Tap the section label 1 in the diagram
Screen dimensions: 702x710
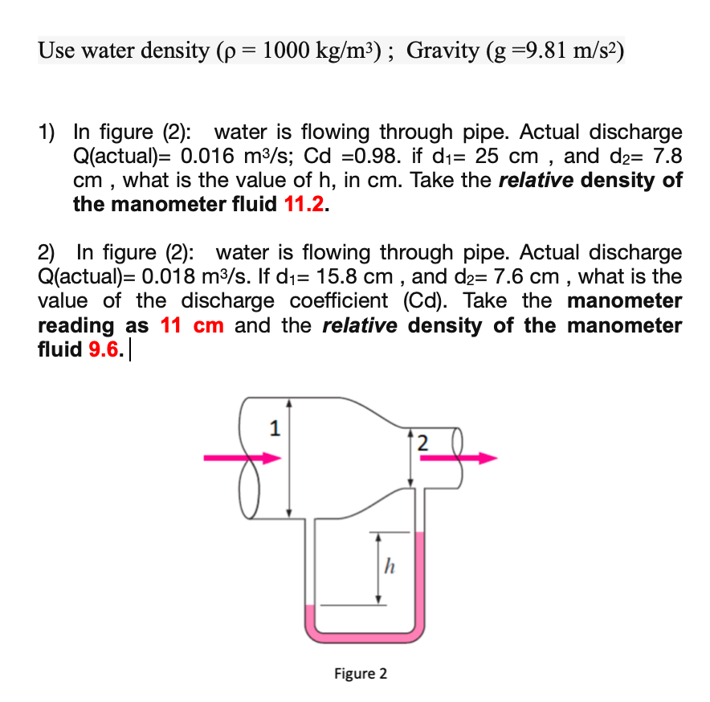[274, 430]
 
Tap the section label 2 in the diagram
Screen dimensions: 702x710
[424, 442]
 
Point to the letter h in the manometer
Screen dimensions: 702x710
[389, 568]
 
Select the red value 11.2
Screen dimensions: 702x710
[305, 204]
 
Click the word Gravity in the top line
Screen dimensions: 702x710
[443, 51]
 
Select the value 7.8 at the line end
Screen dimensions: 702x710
[663, 156]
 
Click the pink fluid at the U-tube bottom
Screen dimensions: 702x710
[364, 635]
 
